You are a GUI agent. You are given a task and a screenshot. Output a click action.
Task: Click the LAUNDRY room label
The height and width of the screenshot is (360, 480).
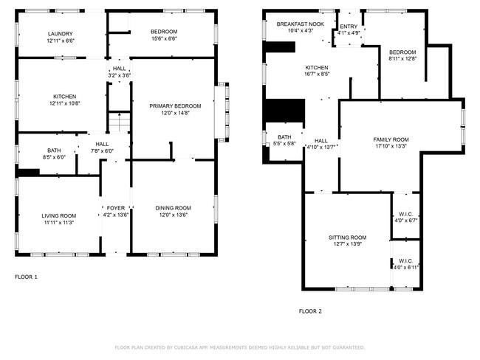coord(60,33)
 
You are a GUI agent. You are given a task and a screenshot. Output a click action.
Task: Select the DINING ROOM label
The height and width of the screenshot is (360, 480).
coord(173,208)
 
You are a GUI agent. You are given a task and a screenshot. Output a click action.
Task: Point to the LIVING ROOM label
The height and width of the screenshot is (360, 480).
coord(58,215)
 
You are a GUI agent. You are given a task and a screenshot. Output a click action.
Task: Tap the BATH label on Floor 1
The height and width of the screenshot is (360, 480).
coord(54,150)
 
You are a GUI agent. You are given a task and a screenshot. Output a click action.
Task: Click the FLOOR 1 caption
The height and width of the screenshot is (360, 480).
coord(26,277)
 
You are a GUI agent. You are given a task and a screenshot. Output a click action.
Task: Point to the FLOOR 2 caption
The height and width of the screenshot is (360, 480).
coord(309,311)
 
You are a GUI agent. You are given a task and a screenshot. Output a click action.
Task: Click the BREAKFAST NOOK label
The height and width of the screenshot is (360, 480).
coord(300,24)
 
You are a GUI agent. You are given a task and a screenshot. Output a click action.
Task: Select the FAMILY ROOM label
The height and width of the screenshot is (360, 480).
coord(391,139)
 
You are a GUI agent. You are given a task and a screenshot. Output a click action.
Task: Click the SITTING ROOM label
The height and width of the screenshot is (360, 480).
coord(348,237)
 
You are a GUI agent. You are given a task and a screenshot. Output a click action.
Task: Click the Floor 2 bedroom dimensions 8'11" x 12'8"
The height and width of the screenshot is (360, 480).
coord(402,58)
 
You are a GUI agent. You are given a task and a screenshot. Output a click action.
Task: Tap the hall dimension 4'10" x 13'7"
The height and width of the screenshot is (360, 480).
coord(321,147)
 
